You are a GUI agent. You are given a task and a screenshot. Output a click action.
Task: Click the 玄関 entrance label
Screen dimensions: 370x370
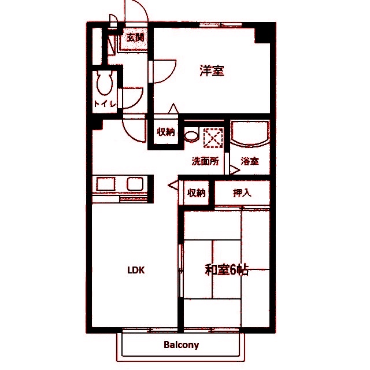tap(135, 38)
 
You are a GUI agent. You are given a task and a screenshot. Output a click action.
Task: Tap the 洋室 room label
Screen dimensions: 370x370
tap(212, 71)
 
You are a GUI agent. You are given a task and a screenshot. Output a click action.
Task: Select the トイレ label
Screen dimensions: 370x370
tap(105, 104)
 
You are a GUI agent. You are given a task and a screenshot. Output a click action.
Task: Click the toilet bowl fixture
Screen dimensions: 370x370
tap(105, 83)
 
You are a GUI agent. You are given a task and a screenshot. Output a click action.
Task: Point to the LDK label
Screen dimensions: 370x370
tap(136, 270)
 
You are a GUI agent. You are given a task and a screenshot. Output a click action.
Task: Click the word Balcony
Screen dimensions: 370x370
tap(181, 345)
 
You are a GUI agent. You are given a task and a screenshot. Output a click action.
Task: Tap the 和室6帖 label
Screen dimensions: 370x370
tap(227, 270)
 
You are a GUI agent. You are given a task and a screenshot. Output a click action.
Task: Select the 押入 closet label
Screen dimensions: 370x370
tap(242, 193)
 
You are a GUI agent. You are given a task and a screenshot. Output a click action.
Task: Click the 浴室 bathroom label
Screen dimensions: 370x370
tap(250, 161)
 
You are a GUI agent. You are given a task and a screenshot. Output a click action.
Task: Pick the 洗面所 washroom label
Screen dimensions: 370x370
tap(205, 161)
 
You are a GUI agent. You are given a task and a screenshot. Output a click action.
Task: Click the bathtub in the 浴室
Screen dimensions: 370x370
tap(250, 134)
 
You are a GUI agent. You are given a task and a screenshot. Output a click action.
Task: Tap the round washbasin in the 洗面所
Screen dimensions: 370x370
tap(191, 136)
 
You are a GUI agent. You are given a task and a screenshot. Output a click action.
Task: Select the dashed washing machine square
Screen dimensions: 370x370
tap(213, 138)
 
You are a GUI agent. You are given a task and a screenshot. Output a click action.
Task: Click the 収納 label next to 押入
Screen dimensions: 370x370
tap(197, 193)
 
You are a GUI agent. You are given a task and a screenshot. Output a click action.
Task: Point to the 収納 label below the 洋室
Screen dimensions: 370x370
tap(166, 132)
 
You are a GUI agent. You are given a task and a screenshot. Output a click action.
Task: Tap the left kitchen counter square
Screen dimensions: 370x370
tap(106, 184)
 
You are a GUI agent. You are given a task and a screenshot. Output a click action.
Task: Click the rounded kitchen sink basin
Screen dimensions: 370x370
tap(135, 184)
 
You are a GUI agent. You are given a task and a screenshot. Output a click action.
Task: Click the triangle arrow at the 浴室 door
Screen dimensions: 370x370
tap(235, 170)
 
